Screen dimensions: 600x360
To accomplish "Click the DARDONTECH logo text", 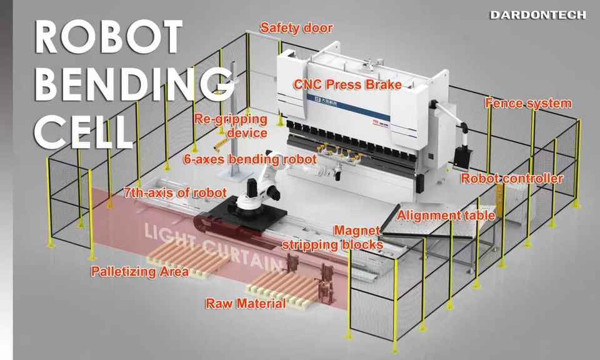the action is pyautogui.click(x=537, y=15).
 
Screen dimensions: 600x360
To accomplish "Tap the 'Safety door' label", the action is pyautogui.click(x=296, y=28).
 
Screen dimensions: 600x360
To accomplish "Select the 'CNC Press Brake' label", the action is pyautogui.click(x=347, y=84).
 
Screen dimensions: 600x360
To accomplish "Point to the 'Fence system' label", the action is pyautogui.click(x=529, y=103).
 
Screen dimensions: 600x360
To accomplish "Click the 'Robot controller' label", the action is pyautogui.click(x=512, y=178).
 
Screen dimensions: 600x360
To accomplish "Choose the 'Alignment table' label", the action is pyautogui.click(x=446, y=216).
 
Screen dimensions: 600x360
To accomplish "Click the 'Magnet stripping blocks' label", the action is pyautogui.click(x=332, y=237).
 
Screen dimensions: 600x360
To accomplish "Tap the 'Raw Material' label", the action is pyautogui.click(x=246, y=303).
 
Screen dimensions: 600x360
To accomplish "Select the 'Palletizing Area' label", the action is pyautogui.click(x=139, y=272).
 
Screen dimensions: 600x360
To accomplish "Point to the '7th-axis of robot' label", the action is pyautogui.click(x=175, y=192).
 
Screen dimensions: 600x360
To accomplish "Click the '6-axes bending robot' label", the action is pyautogui.click(x=250, y=159).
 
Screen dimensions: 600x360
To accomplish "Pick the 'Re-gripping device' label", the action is pyautogui.click(x=231, y=126).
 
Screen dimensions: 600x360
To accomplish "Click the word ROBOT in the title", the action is pyautogui.click(x=108, y=37).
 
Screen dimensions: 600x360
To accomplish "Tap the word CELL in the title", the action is pyautogui.click(x=83, y=131).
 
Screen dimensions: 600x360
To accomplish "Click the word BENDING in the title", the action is pyautogui.click(x=134, y=84).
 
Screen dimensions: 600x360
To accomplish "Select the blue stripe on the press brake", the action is pyautogui.click(x=348, y=107).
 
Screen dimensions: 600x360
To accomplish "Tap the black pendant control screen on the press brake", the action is pyautogui.click(x=462, y=157).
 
